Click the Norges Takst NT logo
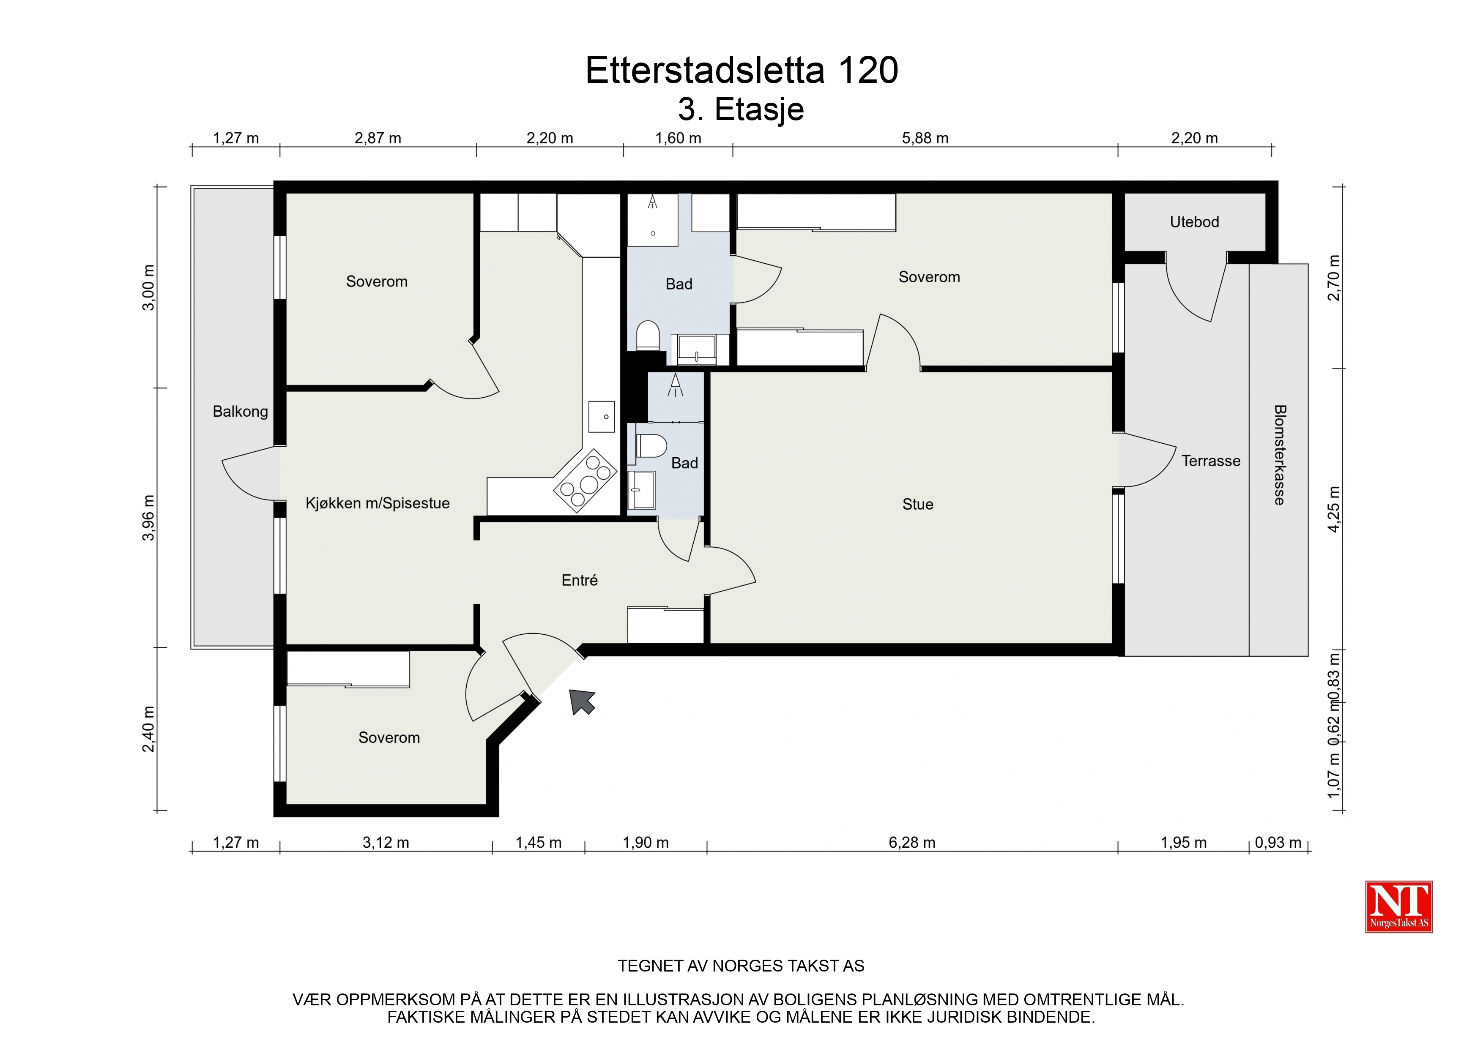tap(1399, 906)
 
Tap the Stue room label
tap(917, 504)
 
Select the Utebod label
tap(1194, 222)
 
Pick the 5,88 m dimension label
tap(925, 138)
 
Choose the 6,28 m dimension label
tap(912, 843)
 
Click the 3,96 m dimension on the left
tap(148, 518)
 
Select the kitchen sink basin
tap(601, 417)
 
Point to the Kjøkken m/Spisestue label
tap(378, 503)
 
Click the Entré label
tap(580, 581)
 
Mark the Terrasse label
tap(1211, 461)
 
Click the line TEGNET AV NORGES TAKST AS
tap(741, 966)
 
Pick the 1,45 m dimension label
tap(538, 843)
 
